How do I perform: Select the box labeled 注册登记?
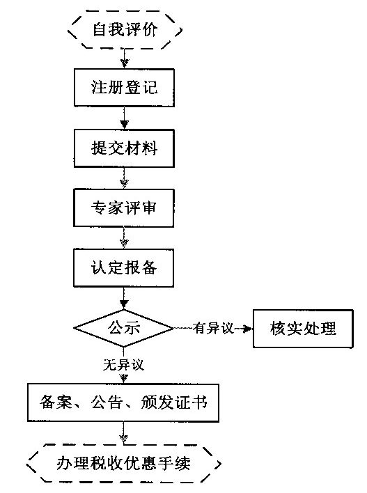[124, 88]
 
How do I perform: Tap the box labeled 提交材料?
[124, 148]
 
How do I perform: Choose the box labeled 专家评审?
[124, 208]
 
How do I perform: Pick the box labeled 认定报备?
[124, 267]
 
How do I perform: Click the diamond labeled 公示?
[124, 327]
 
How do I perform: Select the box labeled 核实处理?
[303, 327]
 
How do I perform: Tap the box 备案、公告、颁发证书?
[124, 402]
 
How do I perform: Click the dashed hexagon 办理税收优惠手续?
[123, 462]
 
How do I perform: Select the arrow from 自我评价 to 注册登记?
[124, 58]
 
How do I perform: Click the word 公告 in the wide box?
[107, 402]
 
